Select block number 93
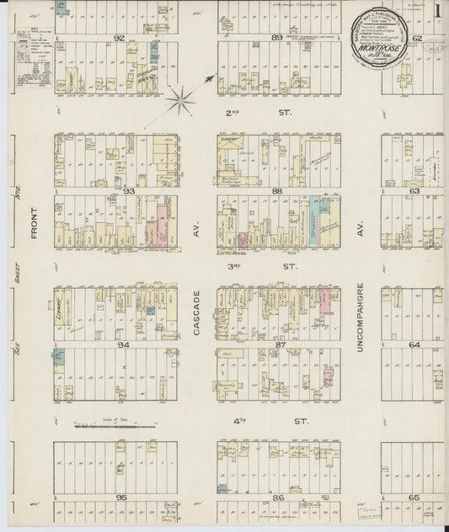pyautogui.click(x=128, y=191)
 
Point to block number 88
pyautogui.click(x=277, y=191)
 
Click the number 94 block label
pyautogui.click(x=125, y=344)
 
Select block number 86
pyautogui.click(x=278, y=497)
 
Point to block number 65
pyautogui.click(x=414, y=497)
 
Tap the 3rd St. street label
pyautogui.click(x=257, y=267)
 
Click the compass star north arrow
pyautogui.click(x=180, y=103)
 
